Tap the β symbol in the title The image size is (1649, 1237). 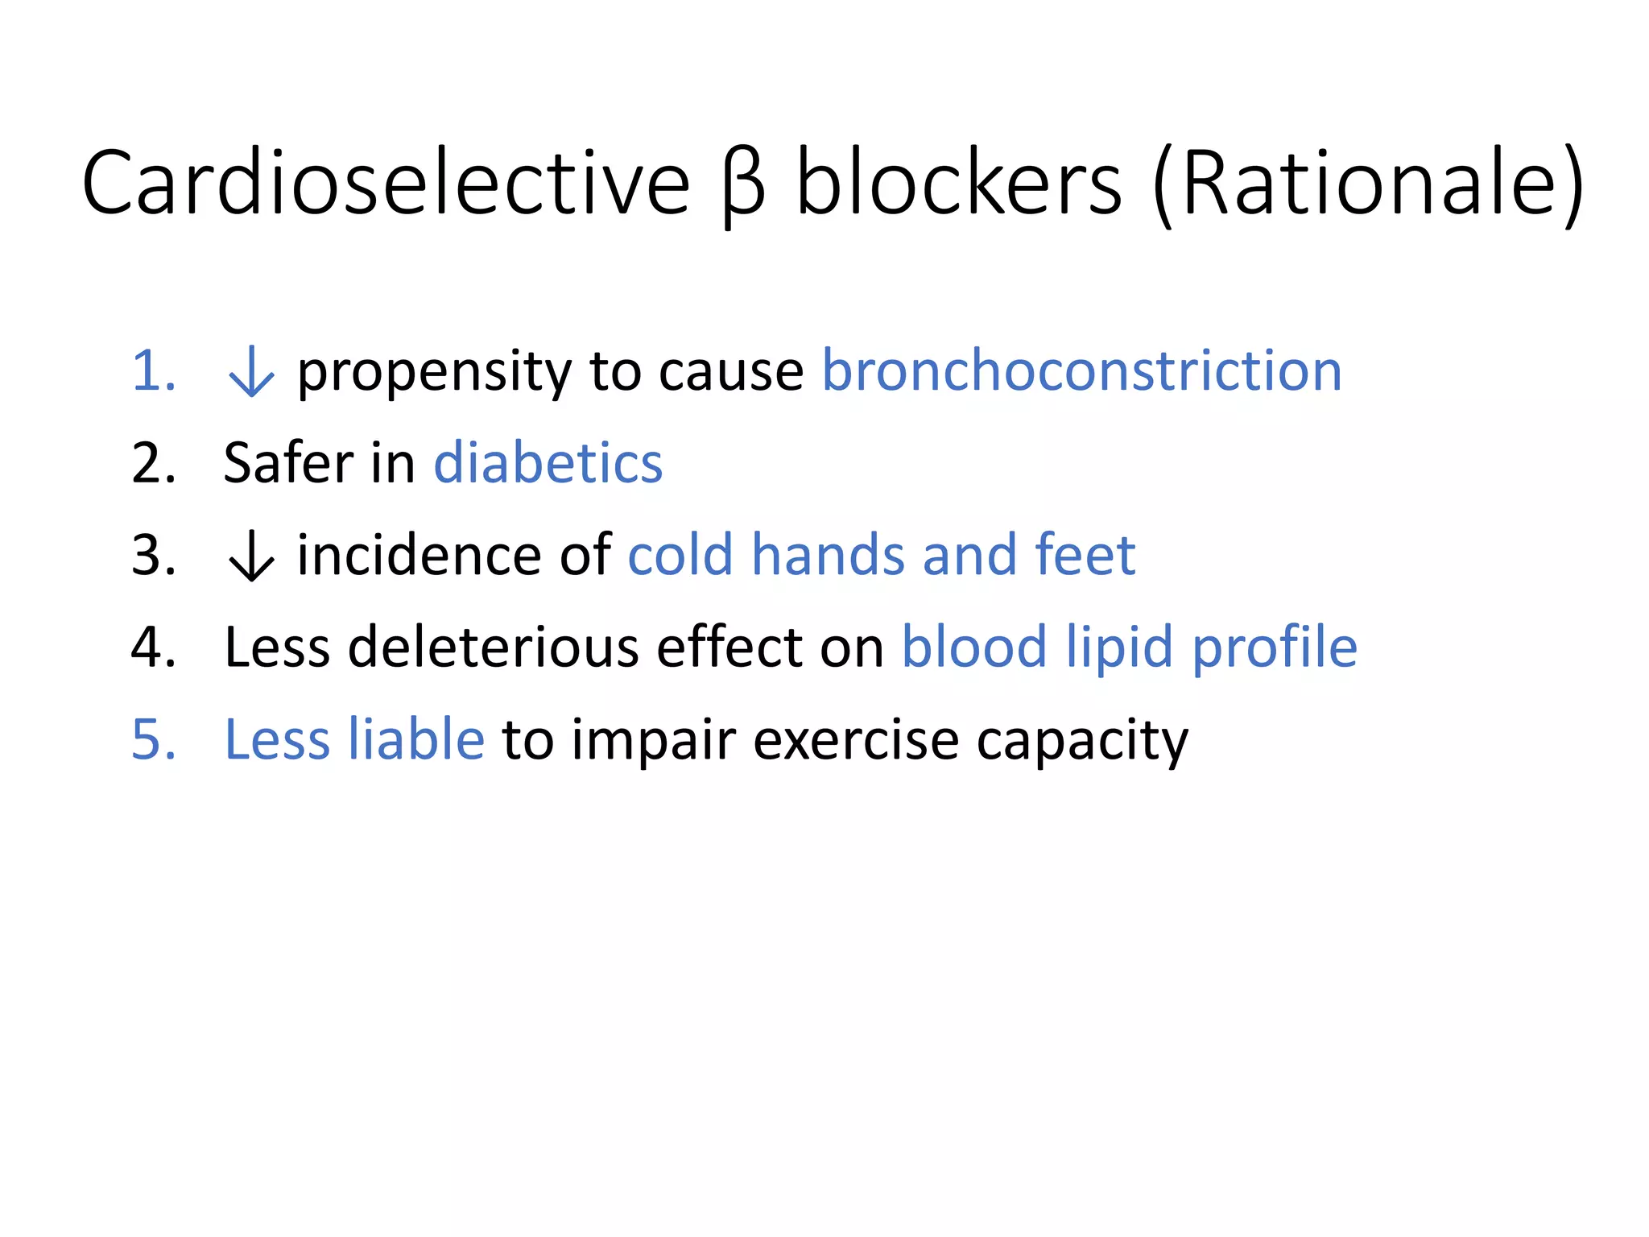[742, 187]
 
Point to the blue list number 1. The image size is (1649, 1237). [153, 372]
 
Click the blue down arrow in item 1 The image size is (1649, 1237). [251, 372]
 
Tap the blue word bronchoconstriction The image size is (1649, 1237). [1081, 371]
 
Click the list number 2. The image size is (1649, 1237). [153, 464]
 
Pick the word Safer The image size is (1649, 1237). [288, 464]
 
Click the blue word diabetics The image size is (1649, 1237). [548, 464]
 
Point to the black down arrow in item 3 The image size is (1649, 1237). [251, 556]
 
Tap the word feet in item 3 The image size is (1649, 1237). [1085, 556]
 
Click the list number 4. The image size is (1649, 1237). [153, 647]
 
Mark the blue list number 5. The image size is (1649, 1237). [153, 739]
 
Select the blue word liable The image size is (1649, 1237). [415, 739]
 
